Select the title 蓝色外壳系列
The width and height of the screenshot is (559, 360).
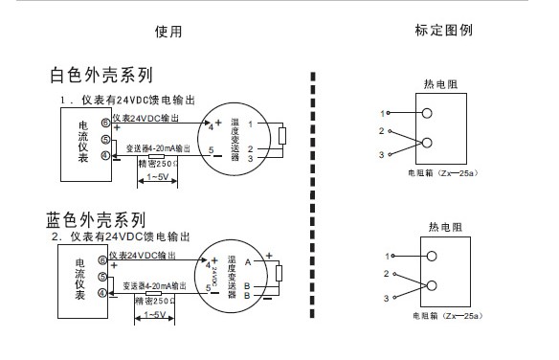tap(96, 219)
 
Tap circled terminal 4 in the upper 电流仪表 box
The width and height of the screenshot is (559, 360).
tap(105, 155)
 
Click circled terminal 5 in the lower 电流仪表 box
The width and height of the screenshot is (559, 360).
tap(105, 277)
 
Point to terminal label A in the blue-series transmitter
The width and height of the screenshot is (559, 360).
tap(247, 260)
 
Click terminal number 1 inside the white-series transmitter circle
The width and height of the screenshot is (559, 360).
tap(250, 124)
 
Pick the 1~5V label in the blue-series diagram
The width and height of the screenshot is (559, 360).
tap(153, 314)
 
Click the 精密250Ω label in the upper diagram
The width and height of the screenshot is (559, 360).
tap(157, 163)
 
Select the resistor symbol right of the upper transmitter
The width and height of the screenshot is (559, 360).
tap(282, 136)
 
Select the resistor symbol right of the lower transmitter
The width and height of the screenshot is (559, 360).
tap(279, 275)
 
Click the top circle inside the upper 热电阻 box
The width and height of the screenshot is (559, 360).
tap(430, 113)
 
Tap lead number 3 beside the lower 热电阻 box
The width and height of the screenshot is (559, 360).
tap(389, 299)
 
